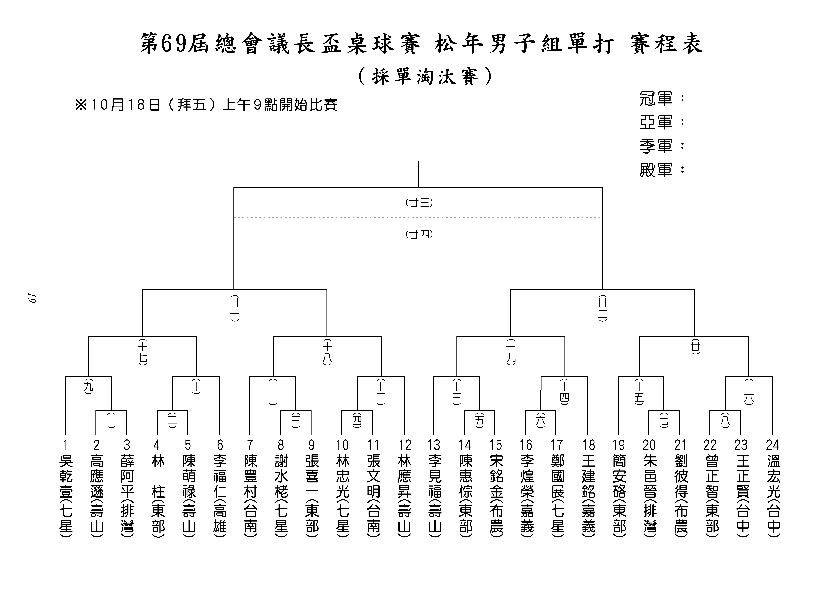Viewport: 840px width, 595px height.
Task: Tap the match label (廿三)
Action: [x=419, y=203]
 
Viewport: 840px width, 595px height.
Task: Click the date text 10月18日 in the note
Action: [x=124, y=105]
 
